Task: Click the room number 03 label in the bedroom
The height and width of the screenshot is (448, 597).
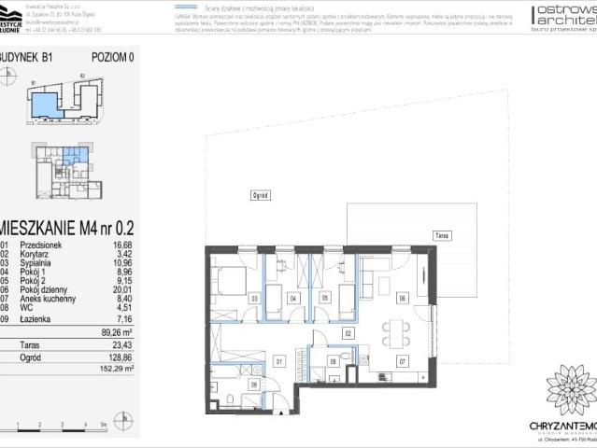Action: [x=254, y=299]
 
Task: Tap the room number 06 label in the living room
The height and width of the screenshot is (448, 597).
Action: [x=403, y=298]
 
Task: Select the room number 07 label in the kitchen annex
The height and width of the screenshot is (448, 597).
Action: [x=403, y=360]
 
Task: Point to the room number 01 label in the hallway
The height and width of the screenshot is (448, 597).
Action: [x=278, y=360]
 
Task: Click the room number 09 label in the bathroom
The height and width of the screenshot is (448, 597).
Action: [x=254, y=384]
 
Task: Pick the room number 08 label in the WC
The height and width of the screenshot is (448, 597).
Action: [x=333, y=360]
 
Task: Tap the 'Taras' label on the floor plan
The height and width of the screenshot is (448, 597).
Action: [x=440, y=237]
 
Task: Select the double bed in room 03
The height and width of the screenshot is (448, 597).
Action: [x=227, y=281]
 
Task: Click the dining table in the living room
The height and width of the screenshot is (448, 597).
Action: [x=395, y=329]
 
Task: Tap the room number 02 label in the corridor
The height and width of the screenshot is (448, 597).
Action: [x=348, y=331]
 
